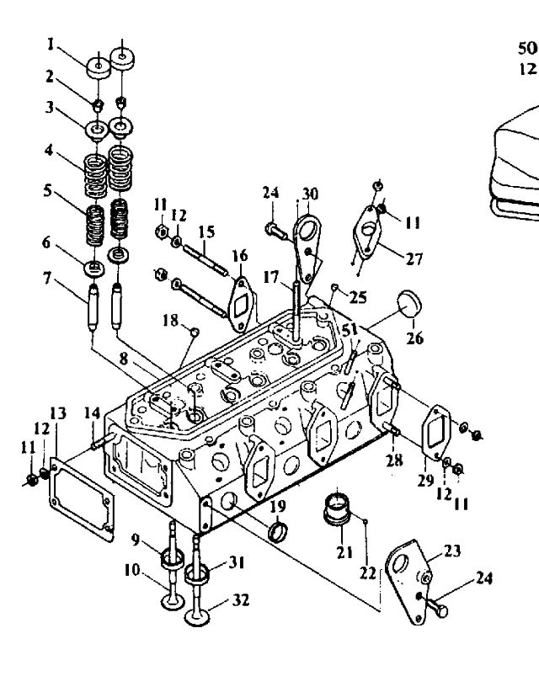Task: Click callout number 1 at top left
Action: pos(51,45)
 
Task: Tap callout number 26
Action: pos(415,338)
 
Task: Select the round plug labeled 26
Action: pos(410,303)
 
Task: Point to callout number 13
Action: pos(58,413)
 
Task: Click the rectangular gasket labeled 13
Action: pos(82,498)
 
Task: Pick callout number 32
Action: pos(241,599)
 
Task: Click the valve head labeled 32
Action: pos(197,617)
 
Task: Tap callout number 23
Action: pos(452,551)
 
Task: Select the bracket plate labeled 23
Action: pos(408,582)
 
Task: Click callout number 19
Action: pos(278,506)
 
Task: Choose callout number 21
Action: pos(344,552)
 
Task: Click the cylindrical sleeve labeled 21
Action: pos(336,508)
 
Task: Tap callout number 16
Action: pos(240,255)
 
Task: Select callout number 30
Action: pos(310,194)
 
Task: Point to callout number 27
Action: pos(414,258)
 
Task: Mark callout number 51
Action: pos(350,330)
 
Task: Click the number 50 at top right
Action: pos(527,48)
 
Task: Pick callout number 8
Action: pos(124,359)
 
